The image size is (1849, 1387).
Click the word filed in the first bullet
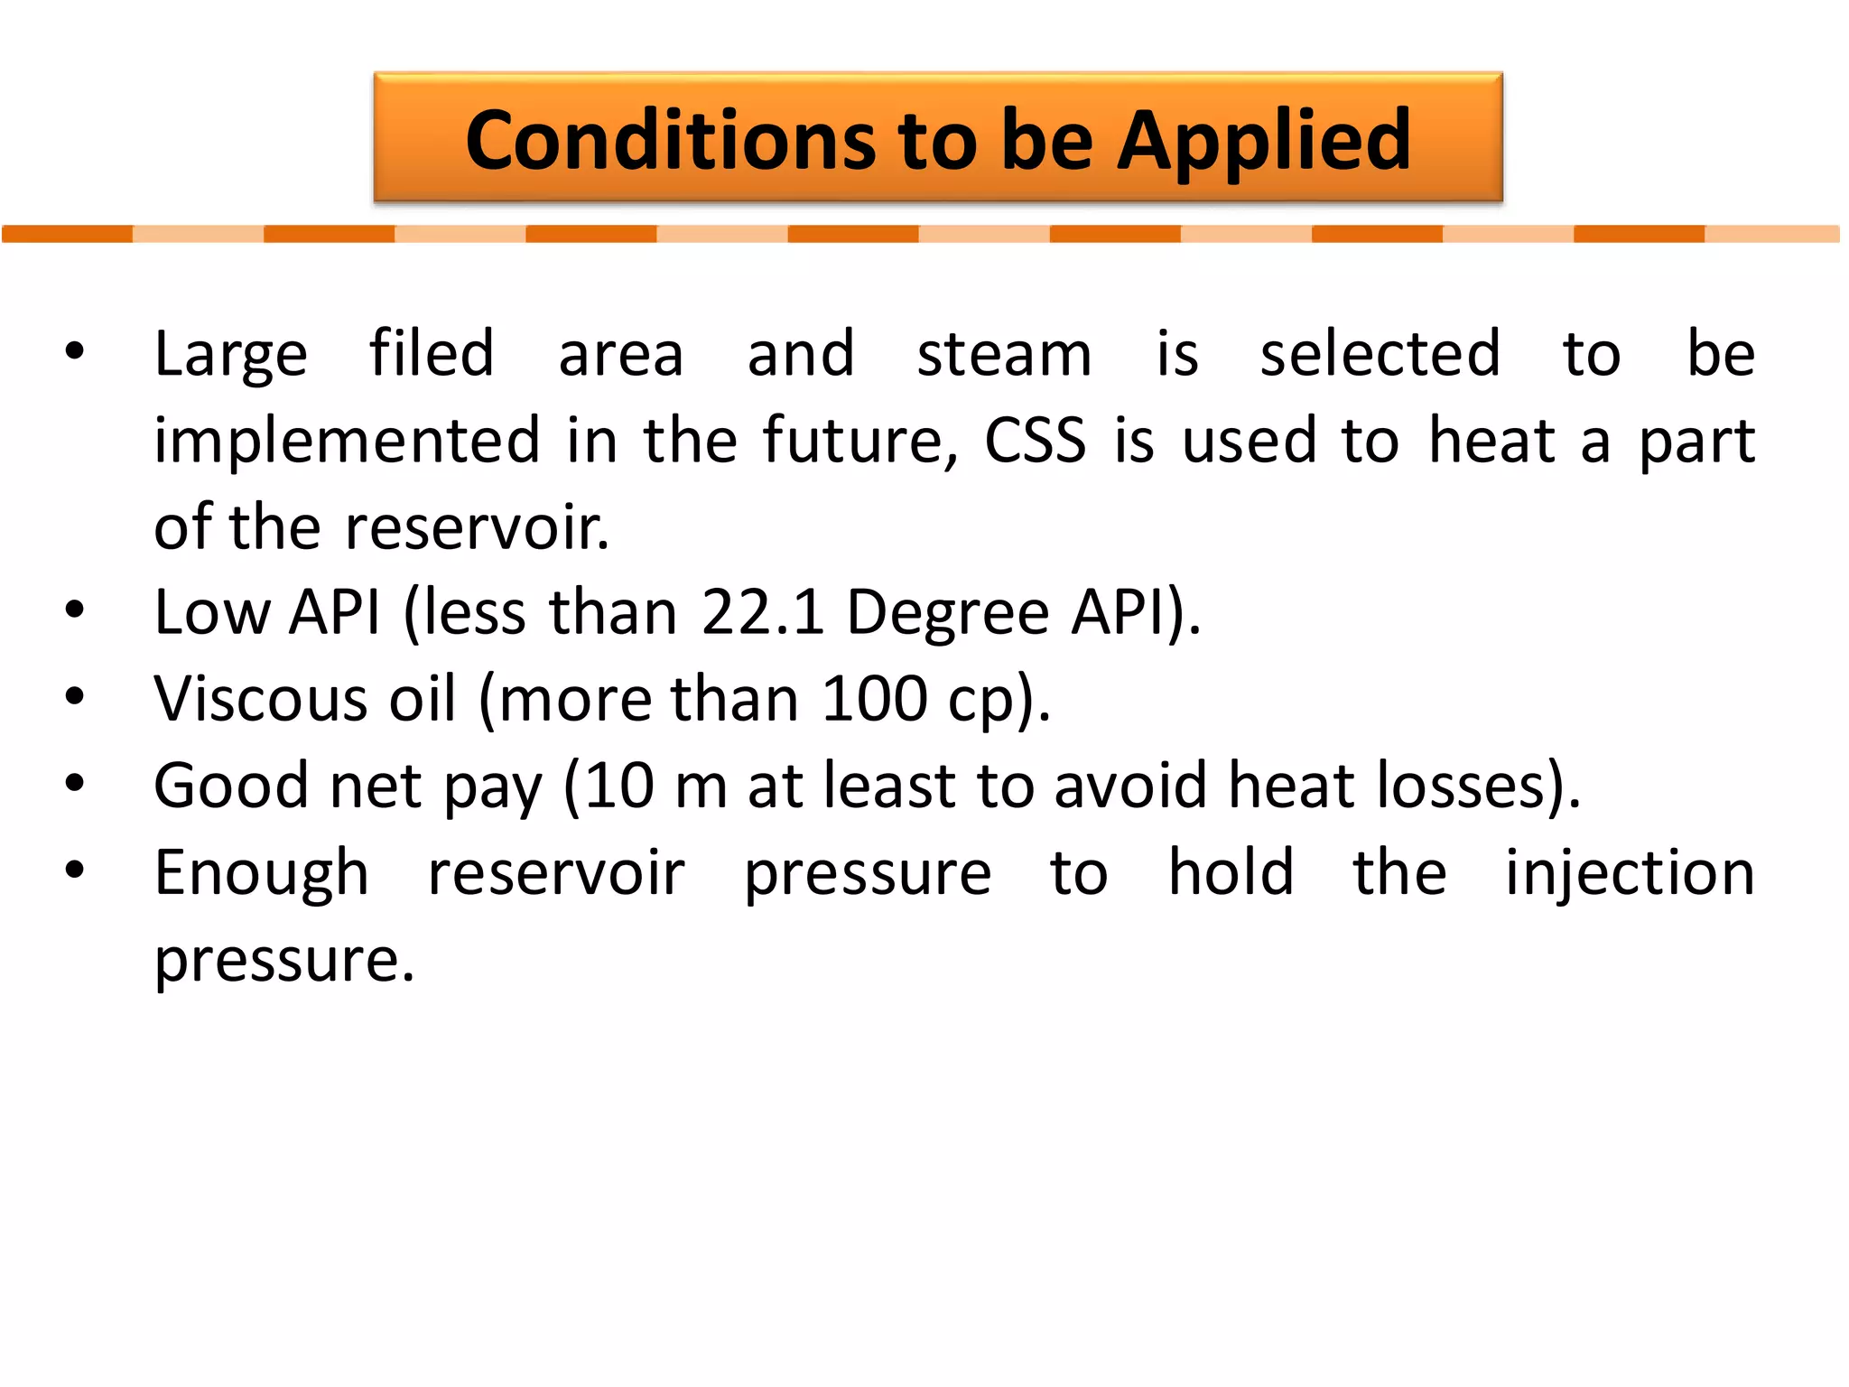[x=432, y=353]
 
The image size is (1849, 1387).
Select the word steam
[x=1004, y=354]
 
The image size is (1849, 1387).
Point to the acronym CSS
[x=1035, y=441]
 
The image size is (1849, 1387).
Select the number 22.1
[x=763, y=612]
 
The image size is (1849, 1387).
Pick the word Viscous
[x=260, y=699]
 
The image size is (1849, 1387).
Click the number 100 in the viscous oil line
[x=875, y=699]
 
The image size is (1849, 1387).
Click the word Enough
[x=261, y=874]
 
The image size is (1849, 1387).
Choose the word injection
[x=1630, y=874]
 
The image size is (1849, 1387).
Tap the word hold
[x=1231, y=872]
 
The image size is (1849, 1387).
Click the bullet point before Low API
[x=75, y=610]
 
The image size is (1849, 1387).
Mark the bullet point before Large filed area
[x=75, y=351]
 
